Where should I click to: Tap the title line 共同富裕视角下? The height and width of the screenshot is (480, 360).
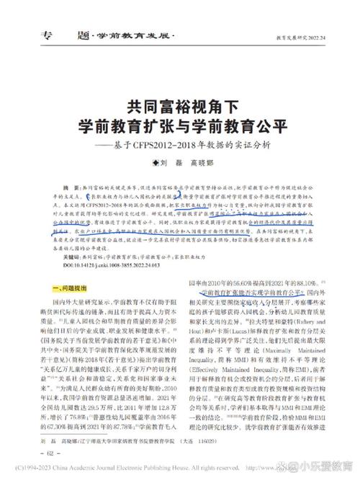pos(179,107)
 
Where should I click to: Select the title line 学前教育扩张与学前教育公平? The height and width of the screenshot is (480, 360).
pos(179,125)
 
